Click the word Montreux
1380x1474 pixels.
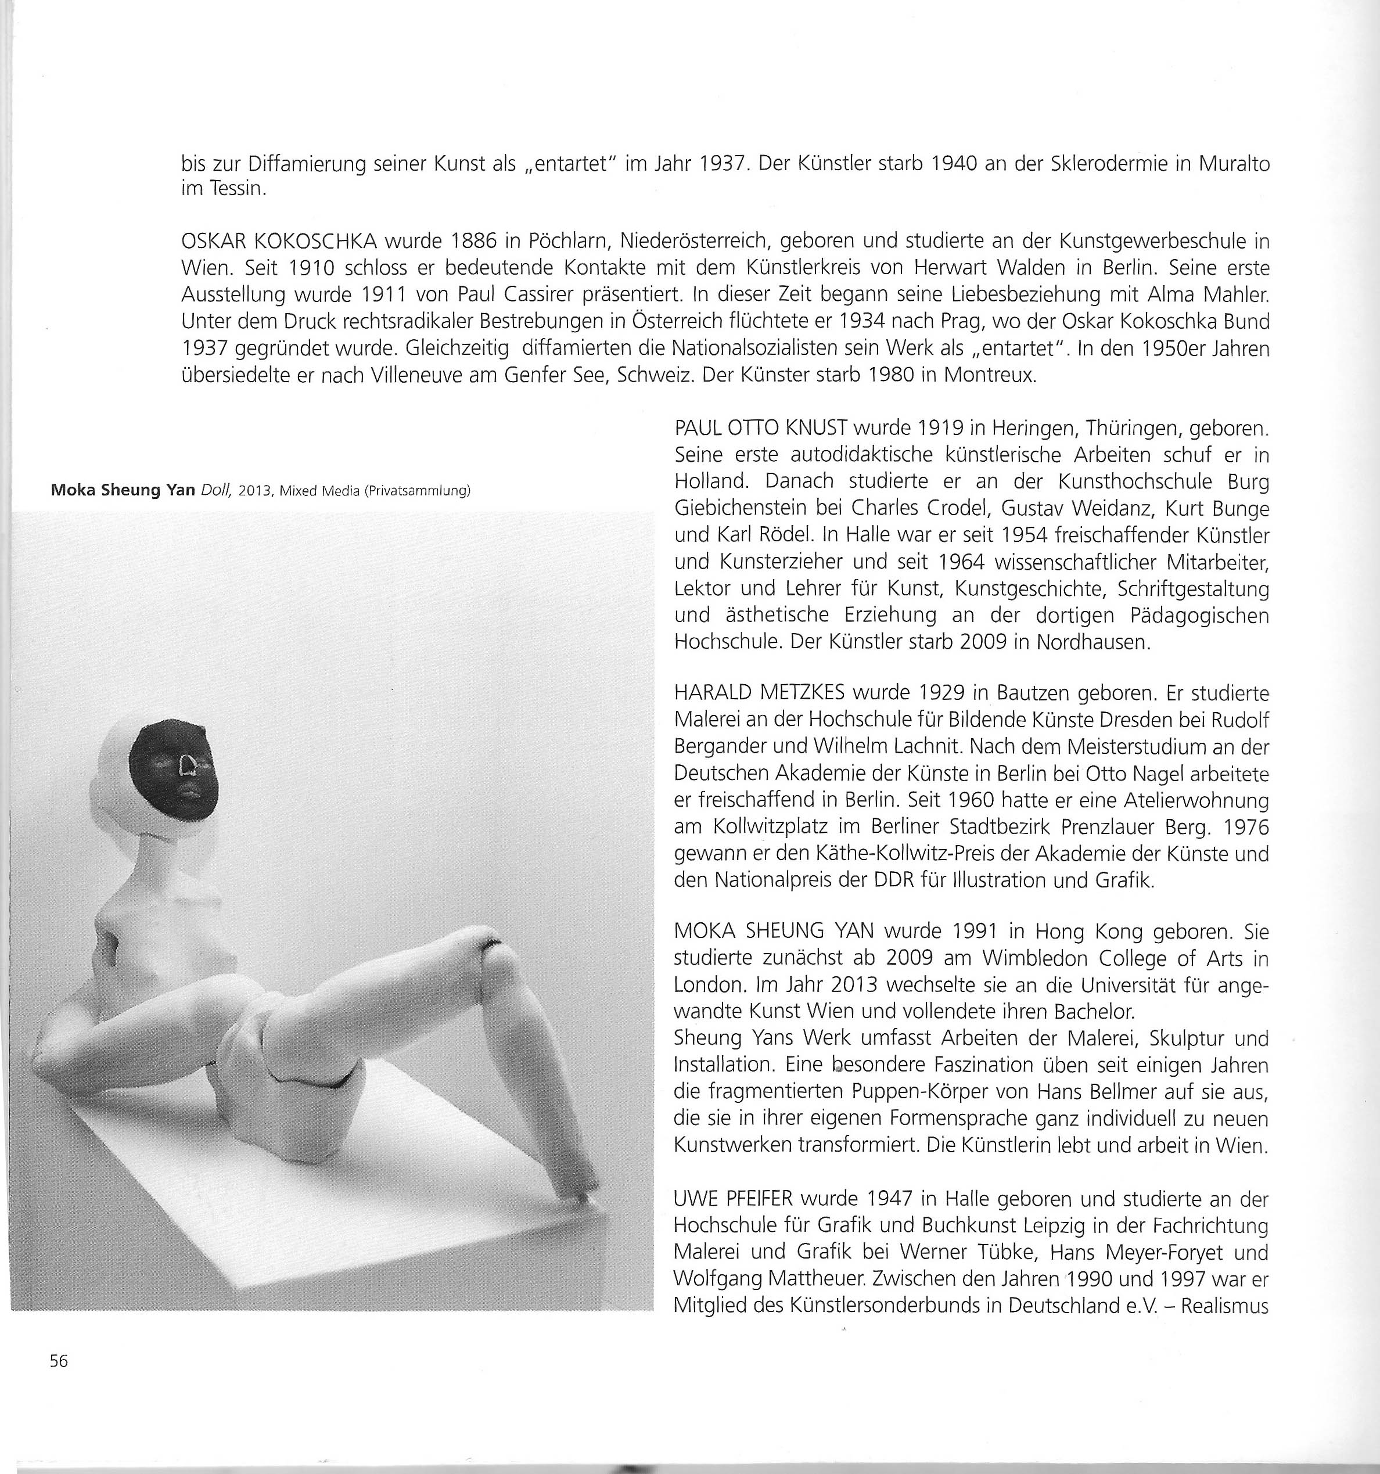tap(989, 375)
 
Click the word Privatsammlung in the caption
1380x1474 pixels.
tap(418, 491)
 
